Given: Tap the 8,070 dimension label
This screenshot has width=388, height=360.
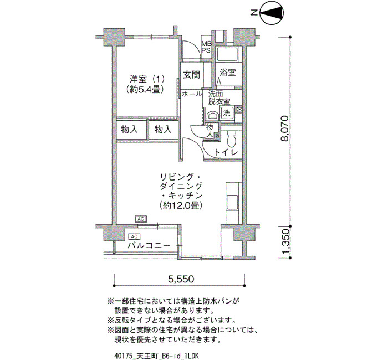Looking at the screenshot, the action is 284,128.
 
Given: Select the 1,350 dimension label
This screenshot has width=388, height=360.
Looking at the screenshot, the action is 285,243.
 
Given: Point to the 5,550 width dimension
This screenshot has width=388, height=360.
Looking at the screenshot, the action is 181,279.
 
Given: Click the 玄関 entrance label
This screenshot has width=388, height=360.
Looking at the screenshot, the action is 192,74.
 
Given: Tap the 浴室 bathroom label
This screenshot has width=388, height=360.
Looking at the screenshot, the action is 228,73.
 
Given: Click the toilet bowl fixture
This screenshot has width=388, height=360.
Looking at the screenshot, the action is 232,139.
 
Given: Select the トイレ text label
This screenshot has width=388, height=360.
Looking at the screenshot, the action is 226,152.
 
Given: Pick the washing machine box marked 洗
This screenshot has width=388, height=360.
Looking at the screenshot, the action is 227,113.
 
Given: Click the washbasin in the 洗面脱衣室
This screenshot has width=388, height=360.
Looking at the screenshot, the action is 212,116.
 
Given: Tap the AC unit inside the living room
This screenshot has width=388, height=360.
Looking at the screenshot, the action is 141,219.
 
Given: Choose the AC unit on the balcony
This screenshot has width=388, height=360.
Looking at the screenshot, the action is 134,236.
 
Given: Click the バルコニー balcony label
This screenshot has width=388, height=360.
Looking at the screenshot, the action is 149,246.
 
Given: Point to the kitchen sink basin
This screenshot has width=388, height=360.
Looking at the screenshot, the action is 232,202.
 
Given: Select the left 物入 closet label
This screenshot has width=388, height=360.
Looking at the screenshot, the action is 129,129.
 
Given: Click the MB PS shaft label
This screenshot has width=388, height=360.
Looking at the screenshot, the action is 207,47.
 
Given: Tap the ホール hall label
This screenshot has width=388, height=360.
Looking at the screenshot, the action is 192,94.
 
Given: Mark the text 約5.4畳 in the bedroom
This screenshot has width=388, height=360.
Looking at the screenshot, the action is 145,89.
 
